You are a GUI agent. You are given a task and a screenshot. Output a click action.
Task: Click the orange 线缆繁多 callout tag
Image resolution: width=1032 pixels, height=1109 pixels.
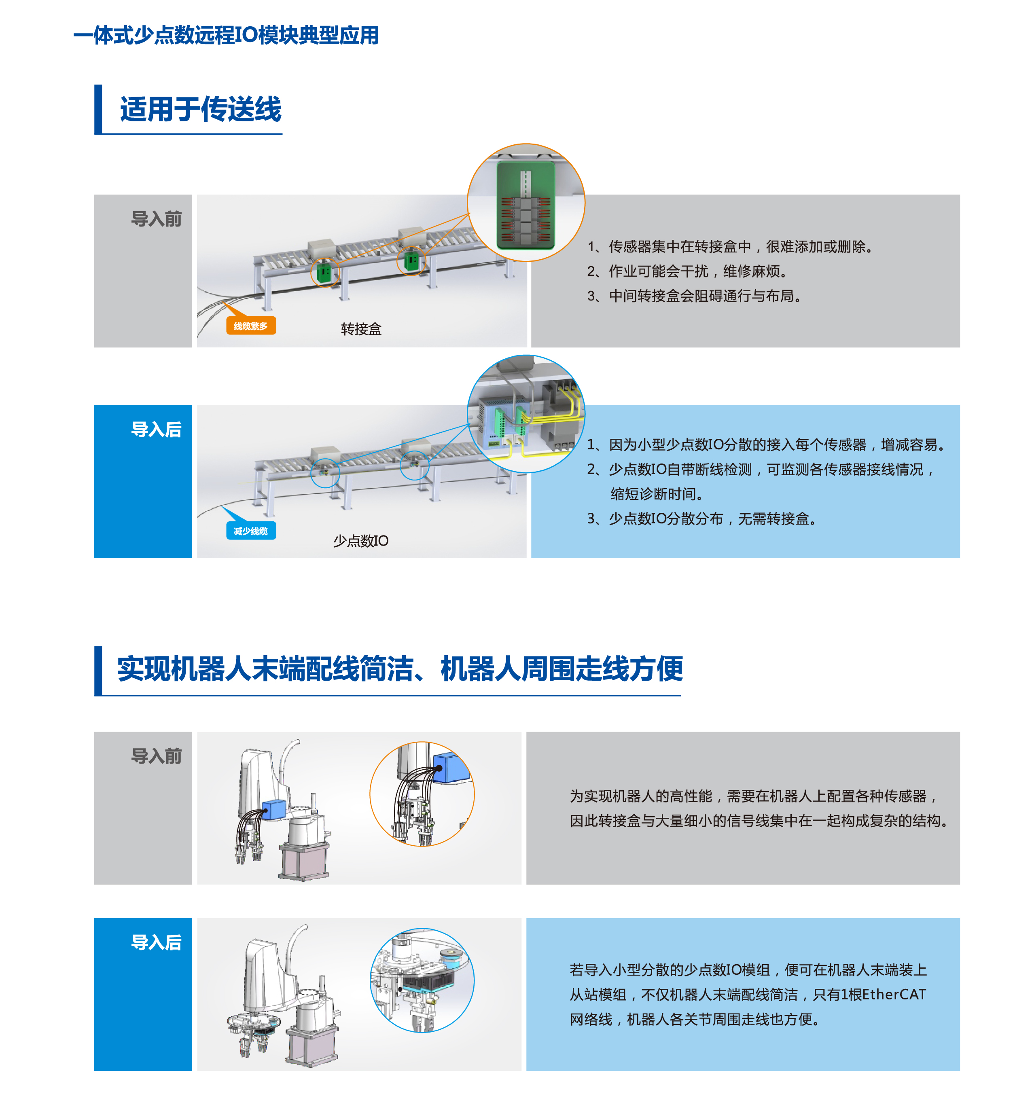pos(250,325)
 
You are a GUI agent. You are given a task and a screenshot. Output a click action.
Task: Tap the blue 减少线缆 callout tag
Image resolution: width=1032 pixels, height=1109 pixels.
pos(250,530)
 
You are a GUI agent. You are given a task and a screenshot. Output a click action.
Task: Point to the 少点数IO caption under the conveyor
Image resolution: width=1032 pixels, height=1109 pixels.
pos(360,540)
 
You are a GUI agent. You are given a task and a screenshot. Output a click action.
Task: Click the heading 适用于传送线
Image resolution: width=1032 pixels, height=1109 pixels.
pos(200,109)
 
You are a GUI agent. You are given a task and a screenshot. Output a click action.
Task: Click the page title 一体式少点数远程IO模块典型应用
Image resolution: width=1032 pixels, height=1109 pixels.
pos(226,35)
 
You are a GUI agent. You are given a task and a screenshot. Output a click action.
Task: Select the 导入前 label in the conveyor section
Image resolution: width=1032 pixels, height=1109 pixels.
pos(156,219)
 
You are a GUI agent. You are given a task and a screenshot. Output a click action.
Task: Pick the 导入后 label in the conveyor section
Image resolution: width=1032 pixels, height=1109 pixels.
pos(156,429)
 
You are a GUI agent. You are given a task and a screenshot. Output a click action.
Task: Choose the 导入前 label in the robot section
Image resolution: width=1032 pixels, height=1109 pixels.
pos(156,756)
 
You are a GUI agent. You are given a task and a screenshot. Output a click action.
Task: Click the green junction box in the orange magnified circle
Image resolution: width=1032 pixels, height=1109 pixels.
pos(526,204)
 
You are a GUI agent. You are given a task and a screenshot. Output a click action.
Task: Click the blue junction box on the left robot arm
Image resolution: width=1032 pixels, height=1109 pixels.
pos(273,809)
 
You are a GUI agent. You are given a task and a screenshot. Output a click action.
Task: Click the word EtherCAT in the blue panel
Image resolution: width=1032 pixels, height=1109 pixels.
pos(894,994)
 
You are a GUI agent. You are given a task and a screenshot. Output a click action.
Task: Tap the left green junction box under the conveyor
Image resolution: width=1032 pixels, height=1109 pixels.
pos(324,272)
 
